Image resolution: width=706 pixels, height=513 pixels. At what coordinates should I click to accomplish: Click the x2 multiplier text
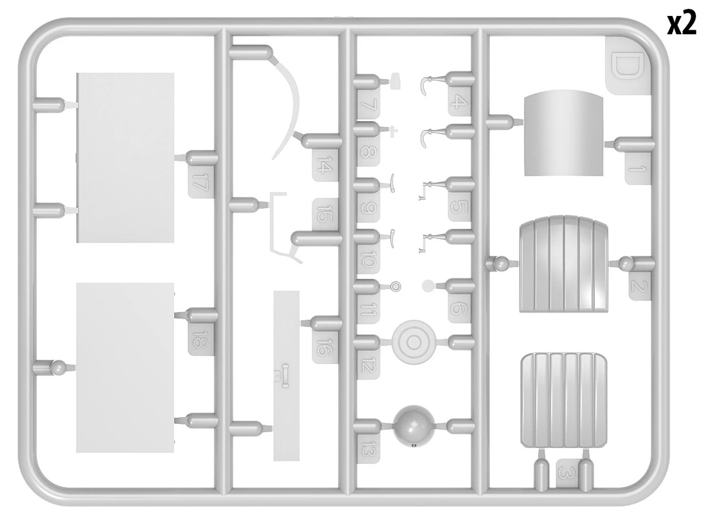[x=681, y=25]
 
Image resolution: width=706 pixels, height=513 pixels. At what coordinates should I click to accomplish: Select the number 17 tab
[x=201, y=182]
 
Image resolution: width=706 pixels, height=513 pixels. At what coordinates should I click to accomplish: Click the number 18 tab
[x=201, y=339]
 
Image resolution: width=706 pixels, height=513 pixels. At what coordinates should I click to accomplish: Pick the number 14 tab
[x=325, y=165]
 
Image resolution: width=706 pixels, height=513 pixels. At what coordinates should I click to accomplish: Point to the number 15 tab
[x=325, y=215]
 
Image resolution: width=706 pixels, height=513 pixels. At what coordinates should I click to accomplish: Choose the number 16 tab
[x=325, y=347]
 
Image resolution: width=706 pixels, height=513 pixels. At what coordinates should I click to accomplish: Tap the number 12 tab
[x=368, y=365]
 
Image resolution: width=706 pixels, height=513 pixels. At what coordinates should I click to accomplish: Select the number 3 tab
[x=568, y=472]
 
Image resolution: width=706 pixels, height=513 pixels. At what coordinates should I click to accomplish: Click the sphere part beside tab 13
[x=414, y=426]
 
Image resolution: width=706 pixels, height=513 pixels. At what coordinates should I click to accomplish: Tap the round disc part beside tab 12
[x=414, y=342]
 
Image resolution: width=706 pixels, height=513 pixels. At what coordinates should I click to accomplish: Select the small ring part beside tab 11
[x=395, y=287]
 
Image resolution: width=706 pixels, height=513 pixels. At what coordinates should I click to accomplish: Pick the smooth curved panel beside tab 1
[x=563, y=133]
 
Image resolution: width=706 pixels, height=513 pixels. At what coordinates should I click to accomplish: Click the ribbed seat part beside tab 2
[x=563, y=264]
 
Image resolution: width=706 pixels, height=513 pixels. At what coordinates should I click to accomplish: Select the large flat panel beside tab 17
[x=125, y=158]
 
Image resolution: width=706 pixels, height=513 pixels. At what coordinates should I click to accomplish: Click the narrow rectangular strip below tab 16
[x=286, y=376]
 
